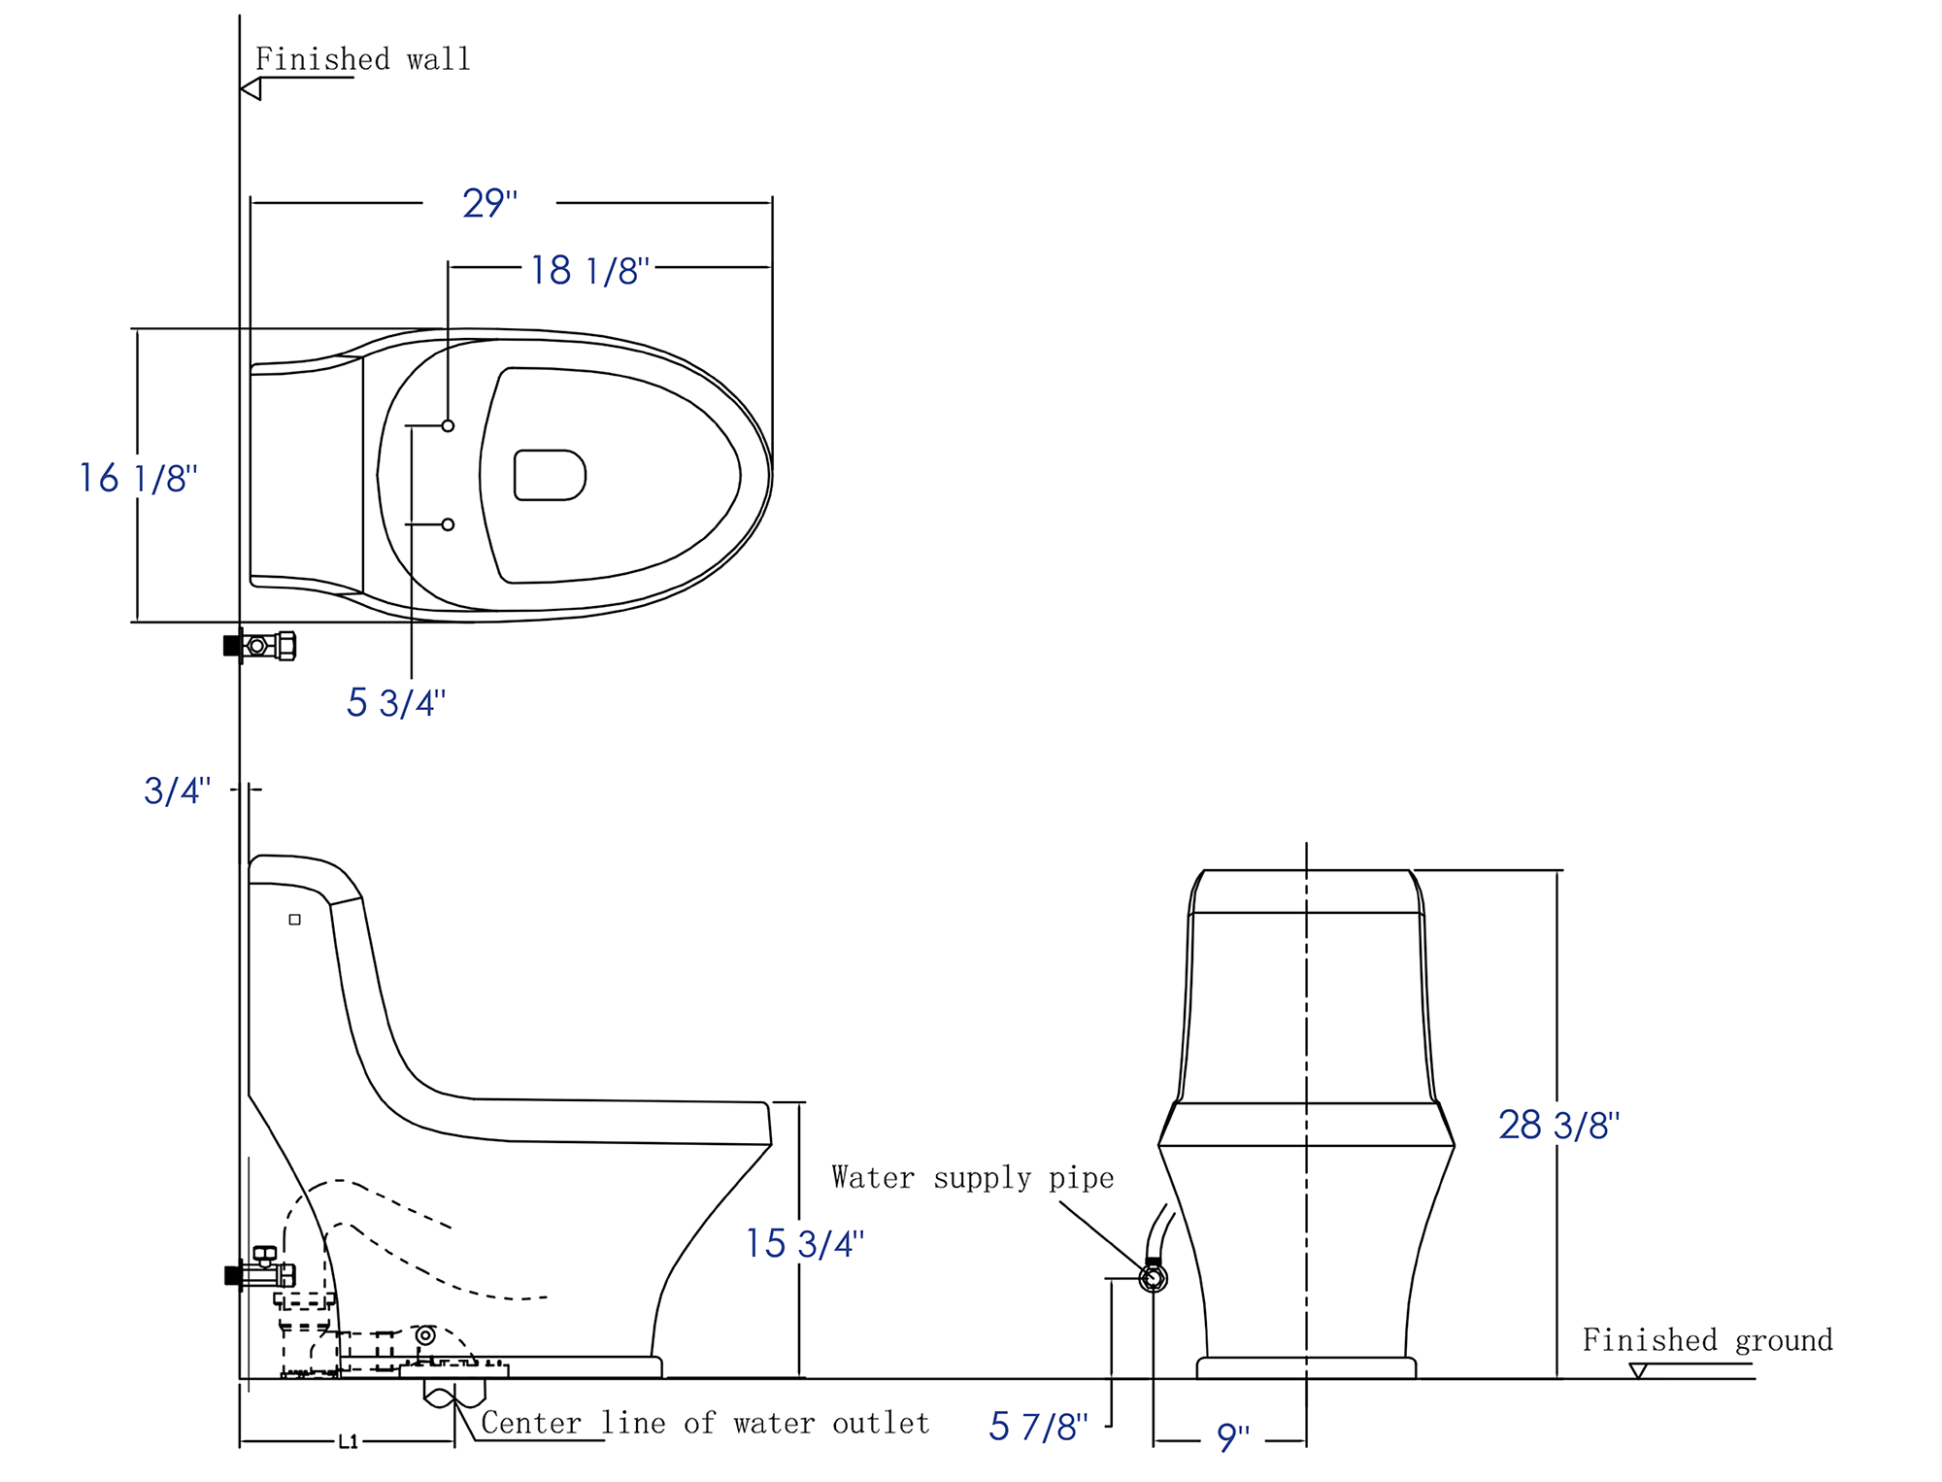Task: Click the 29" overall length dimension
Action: point(489,203)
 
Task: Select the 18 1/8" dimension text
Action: point(589,270)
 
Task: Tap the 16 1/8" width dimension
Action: point(138,478)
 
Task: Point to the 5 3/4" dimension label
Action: point(395,702)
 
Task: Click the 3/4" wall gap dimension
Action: point(177,791)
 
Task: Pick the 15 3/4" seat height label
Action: point(804,1243)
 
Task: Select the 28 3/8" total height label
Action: point(1558,1125)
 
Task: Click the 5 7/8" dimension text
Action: point(1038,1426)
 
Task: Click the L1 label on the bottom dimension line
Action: point(348,1442)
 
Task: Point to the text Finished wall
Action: point(362,59)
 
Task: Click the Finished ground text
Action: point(1707,1340)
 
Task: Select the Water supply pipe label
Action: point(972,1178)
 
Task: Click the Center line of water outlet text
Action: point(705,1423)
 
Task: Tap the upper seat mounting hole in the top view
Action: point(448,425)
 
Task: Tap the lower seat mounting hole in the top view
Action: point(448,524)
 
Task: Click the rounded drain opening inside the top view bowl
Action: point(550,475)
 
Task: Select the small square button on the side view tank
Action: point(294,919)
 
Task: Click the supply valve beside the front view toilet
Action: point(1153,1277)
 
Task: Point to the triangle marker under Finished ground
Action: point(1639,1370)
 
